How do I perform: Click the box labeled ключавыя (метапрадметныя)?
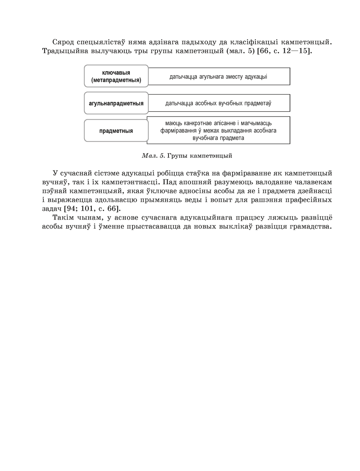[x=116, y=76]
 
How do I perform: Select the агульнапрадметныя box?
[x=116, y=103]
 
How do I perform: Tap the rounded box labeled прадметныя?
[x=116, y=131]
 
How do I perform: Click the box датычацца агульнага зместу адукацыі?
[x=219, y=76]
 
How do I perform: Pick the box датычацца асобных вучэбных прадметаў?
[x=219, y=103]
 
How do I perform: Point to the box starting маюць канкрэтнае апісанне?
[x=219, y=130]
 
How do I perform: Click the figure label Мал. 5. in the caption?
[x=153, y=156]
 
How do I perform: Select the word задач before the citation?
[x=46, y=208]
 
